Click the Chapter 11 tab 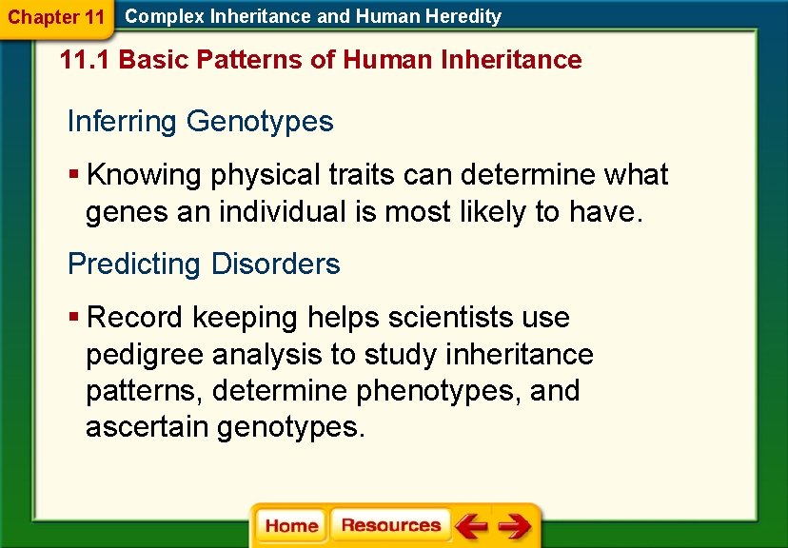coord(56,17)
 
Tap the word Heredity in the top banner coord(461,16)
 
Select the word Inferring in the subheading coord(123,122)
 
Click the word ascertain coord(148,427)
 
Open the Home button coord(291,526)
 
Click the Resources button coord(390,525)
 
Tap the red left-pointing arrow coord(471,525)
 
